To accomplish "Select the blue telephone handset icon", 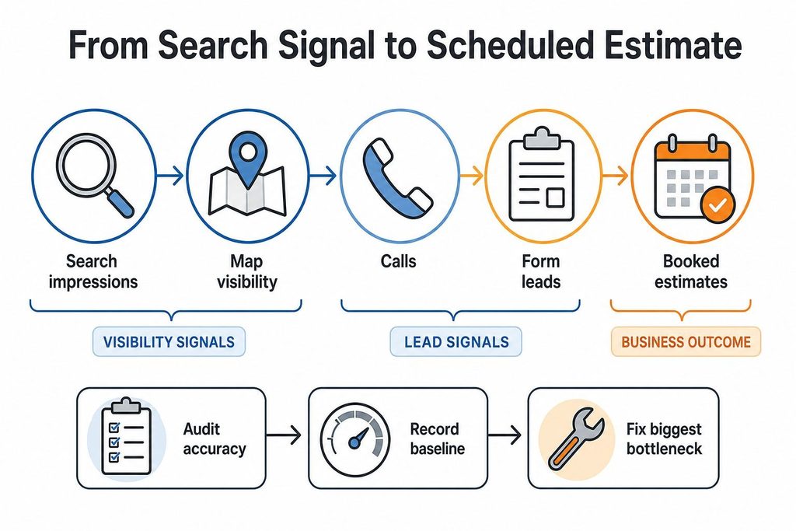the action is pyautogui.click(x=398, y=179).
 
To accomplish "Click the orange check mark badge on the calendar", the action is pyautogui.click(x=717, y=205).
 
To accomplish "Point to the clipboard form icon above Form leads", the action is pyautogui.click(x=541, y=176).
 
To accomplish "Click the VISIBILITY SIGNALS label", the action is pyautogui.click(x=169, y=341).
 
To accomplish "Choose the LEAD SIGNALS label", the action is pyautogui.click(x=456, y=341).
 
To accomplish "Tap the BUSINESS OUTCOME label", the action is pyautogui.click(x=686, y=341).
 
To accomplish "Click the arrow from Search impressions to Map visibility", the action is pyautogui.click(x=170, y=176).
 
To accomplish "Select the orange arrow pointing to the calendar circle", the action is pyautogui.click(x=616, y=176).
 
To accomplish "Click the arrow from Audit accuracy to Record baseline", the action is pyautogui.click(x=283, y=435).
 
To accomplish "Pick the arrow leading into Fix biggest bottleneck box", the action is pyautogui.click(x=504, y=435).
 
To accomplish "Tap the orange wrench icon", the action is pyautogui.click(x=576, y=438).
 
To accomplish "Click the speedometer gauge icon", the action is pyautogui.click(x=355, y=439).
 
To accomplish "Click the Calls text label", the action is pyautogui.click(x=399, y=261).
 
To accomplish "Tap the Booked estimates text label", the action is pyautogui.click(x=691, y=271).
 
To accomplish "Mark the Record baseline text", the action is pyautogui.click(x=437, y=438).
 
